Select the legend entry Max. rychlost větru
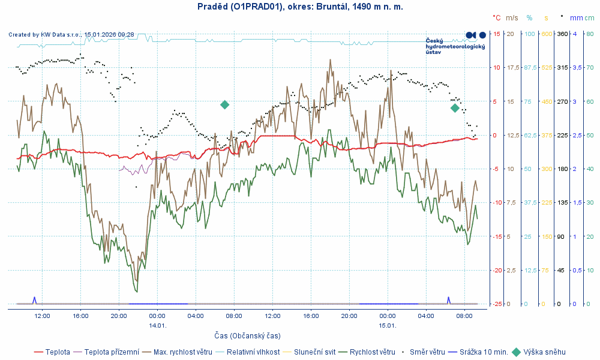183,352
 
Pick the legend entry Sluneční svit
319,352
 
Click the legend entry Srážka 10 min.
483,352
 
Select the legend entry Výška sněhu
544,352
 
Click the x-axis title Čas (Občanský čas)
247,335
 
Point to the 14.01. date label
157,325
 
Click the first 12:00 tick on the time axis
42,316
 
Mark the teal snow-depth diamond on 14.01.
224,105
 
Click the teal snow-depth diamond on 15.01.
455,108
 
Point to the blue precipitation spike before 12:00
34,299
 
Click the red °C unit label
496,18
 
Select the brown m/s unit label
512,18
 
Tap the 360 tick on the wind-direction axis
563,34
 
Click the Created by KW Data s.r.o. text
71,35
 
